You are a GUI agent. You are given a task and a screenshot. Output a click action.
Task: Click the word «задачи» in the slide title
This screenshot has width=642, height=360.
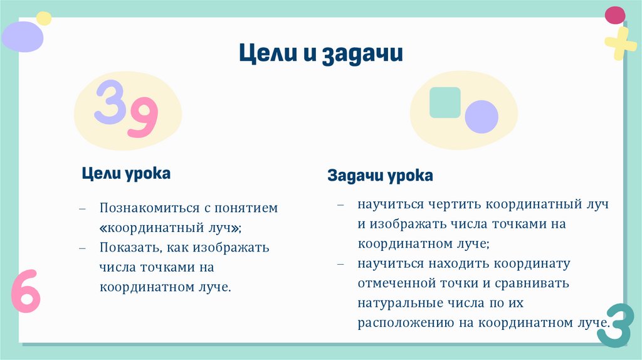(362, 53)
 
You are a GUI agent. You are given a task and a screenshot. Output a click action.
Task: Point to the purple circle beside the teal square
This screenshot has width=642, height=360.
(481, 116)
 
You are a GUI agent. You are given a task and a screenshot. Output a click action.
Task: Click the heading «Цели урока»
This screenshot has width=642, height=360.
(126, 173)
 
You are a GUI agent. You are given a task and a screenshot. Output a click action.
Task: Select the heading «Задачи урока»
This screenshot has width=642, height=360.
(380, 176)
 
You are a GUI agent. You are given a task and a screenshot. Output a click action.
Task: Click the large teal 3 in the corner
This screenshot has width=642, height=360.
(613, 325)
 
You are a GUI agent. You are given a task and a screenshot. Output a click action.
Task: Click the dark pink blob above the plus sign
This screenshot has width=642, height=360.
(614, 14)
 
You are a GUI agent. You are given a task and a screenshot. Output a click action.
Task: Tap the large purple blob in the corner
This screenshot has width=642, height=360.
(22, 36)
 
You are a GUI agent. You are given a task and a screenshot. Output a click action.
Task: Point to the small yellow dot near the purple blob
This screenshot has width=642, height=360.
(44, 18)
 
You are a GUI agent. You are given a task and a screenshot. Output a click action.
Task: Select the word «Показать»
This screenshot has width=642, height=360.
(124, 247)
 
